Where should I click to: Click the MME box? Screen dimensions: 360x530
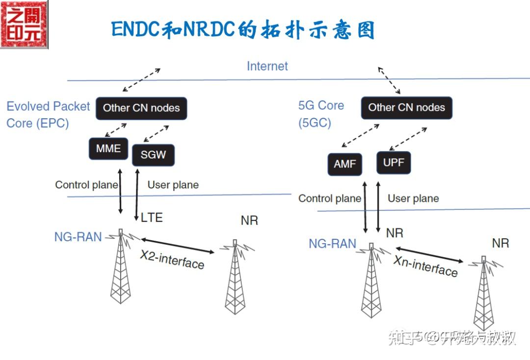pos(108,148)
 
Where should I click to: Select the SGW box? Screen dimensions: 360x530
pos(153,155)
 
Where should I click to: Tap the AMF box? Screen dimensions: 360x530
pos(344,164)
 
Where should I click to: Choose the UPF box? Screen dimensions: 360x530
pos(393,162)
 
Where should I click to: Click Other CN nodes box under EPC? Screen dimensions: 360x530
pos(141,108)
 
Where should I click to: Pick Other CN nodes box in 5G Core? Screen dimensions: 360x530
pos(406,108)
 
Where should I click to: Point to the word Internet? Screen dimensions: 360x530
pos(267,66)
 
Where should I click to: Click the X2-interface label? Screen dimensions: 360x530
pos(172,259)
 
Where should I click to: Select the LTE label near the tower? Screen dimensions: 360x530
pos(151,217)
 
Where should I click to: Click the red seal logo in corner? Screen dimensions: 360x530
pos(25,24)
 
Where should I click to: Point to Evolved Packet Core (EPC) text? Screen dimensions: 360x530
pos(48,114)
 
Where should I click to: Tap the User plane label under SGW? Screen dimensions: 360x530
pos(173,185)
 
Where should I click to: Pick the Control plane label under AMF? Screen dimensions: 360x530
pos(329,199)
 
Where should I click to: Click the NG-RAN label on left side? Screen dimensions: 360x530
pos(78,237)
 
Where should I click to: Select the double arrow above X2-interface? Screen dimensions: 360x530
pos(178,246)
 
